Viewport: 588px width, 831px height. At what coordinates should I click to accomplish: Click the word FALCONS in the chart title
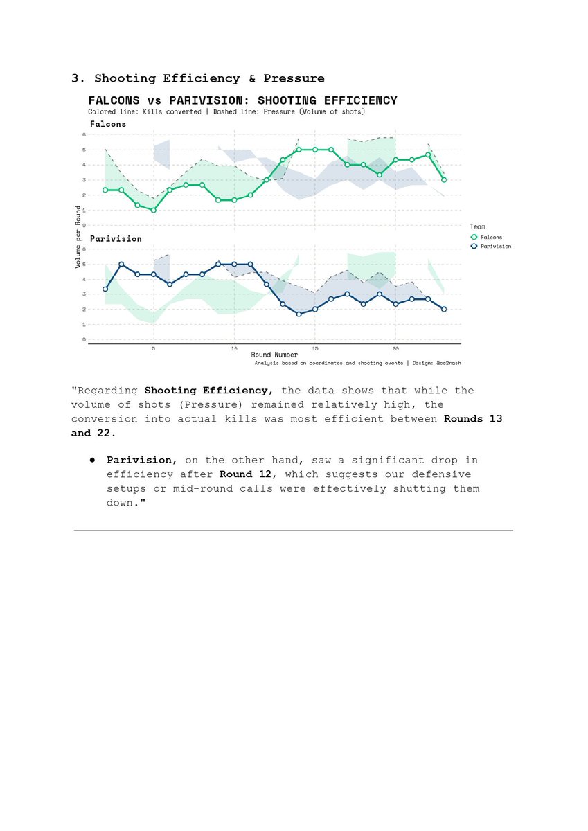[114, 100]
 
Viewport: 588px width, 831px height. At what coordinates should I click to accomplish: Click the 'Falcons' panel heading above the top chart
[108, 124]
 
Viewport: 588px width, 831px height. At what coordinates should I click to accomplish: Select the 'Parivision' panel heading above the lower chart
[116, 238]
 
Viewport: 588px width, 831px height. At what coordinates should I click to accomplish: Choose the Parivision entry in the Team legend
[495, 246]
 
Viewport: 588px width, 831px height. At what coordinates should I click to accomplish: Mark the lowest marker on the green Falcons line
[153, 210]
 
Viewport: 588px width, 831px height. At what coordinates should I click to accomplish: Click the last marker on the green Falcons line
[443, 180]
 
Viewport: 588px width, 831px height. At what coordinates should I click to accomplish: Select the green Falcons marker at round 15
[314, 150]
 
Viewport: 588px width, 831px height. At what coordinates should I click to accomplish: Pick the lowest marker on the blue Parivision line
[299, 314]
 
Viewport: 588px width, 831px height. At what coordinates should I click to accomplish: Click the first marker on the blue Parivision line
[105, 289]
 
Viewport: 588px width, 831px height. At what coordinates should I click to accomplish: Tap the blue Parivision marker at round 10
[234, 264]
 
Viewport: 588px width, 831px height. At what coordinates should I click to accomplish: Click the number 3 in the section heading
[75, 78]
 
